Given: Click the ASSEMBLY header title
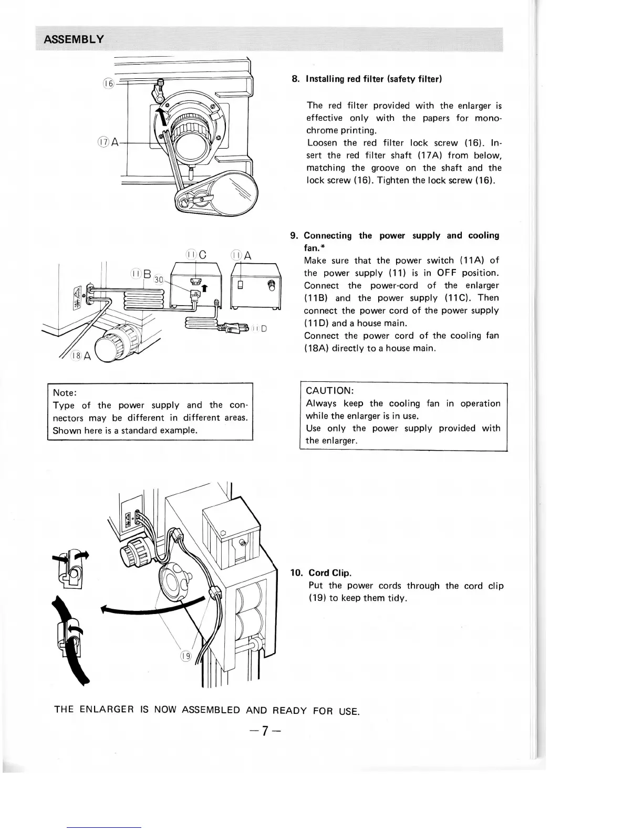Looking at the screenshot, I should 74,39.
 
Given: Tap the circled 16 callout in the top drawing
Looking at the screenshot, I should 108,84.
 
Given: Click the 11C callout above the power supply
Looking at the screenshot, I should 196,255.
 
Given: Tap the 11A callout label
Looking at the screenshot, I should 242,255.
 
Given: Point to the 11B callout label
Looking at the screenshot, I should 141,274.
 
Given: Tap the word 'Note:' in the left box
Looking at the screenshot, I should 65,392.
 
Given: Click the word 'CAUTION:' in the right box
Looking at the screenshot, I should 330,391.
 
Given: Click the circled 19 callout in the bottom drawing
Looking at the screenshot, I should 186,656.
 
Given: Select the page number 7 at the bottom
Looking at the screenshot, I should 266,731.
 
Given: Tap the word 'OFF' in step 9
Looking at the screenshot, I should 447,273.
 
